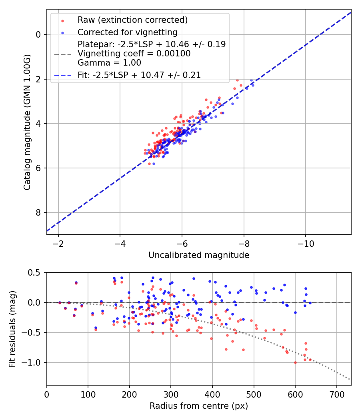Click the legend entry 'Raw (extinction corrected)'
[x=132, y=20]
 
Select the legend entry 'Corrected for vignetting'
[x=127, y=32]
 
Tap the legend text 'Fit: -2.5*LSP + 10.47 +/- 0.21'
[x=139, y=75]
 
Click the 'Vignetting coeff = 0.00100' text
[x=134, y=53]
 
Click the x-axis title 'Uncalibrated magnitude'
[x=199, y=255]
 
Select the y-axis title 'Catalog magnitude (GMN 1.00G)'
[x=27, y=122]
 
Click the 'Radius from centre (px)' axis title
[x=199, y=406]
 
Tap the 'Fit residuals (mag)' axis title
[x=12, y=329]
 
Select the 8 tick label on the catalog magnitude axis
[x=38, y=212]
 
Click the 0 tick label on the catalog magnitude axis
[x=38, y=34]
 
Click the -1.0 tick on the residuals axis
[x=34, y=362]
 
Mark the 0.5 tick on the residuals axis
[x=36, y=272]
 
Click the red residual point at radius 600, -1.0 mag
[x=295, y=362]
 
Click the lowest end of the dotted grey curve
[x=350, y=379]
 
